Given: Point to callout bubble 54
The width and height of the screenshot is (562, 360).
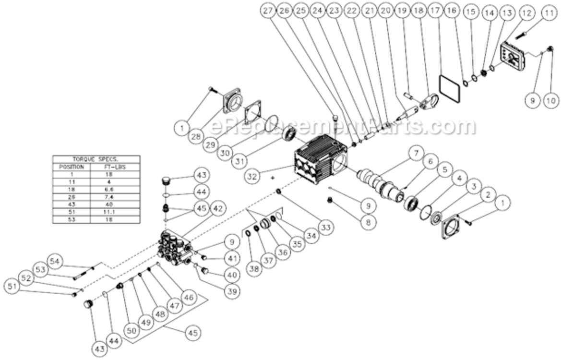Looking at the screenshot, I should (55, 261).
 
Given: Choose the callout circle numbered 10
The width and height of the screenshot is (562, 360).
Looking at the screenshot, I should (550, 100).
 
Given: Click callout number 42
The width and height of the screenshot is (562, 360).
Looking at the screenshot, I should (218, 209).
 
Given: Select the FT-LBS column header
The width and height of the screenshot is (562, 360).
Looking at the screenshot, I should (114, 167).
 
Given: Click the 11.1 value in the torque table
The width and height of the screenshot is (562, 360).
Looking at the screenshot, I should (114, 211).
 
